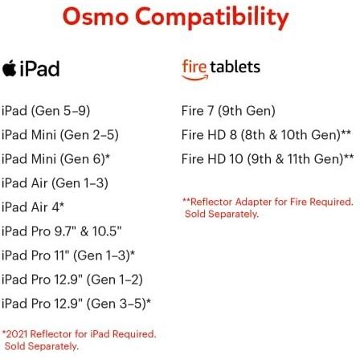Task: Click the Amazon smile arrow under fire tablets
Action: pos(194,79)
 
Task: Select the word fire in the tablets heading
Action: pos(194,66)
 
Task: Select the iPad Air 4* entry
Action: pos(33,207)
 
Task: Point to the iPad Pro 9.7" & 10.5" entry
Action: pos(62,231)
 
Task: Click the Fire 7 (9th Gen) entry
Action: pos(228,110)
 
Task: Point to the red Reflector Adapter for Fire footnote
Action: pos(258,209)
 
